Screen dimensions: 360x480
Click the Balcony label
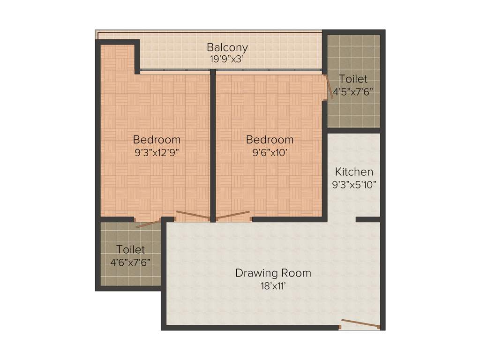227,47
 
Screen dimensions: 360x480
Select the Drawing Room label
273,273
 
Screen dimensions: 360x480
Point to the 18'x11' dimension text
273,285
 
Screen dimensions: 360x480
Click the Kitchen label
354,172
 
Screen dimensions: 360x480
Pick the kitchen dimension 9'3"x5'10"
354,184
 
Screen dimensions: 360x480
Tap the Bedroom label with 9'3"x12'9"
157,139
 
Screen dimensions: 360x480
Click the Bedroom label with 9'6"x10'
270,139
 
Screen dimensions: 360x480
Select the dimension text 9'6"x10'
270,152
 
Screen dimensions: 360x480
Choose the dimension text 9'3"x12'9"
157,152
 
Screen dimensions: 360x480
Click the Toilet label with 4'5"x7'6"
353,79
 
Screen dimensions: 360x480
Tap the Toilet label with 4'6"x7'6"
131,249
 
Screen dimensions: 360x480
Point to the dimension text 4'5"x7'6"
353,91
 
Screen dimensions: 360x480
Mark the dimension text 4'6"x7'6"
131,262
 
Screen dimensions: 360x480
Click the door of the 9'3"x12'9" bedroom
192,216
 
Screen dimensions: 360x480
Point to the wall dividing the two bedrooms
213,145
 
